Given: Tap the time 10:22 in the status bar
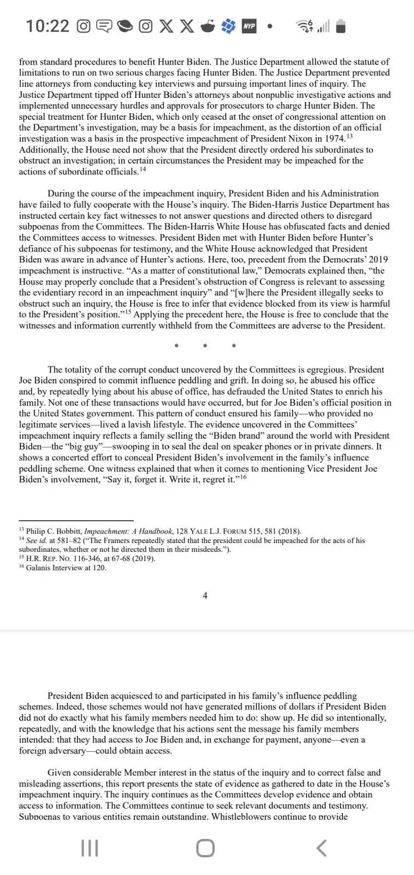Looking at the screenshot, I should point(48,26).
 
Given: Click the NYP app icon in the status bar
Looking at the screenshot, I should point(249,26).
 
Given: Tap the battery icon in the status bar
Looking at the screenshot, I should point(341,26).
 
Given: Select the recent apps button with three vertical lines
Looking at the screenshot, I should point(90,848).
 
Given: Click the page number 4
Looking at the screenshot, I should point(205,596).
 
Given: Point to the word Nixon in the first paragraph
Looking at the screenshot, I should point(301,138).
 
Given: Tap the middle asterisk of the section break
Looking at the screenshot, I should point(205,346).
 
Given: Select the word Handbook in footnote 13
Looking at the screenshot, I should point(157,531).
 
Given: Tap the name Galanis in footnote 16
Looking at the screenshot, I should point(40,568).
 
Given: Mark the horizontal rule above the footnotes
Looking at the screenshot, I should point(76,521).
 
